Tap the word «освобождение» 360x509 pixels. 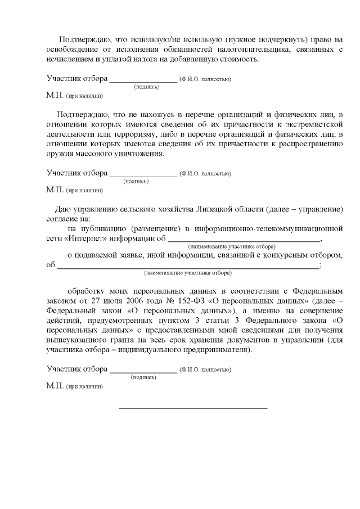tap(70, 50)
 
